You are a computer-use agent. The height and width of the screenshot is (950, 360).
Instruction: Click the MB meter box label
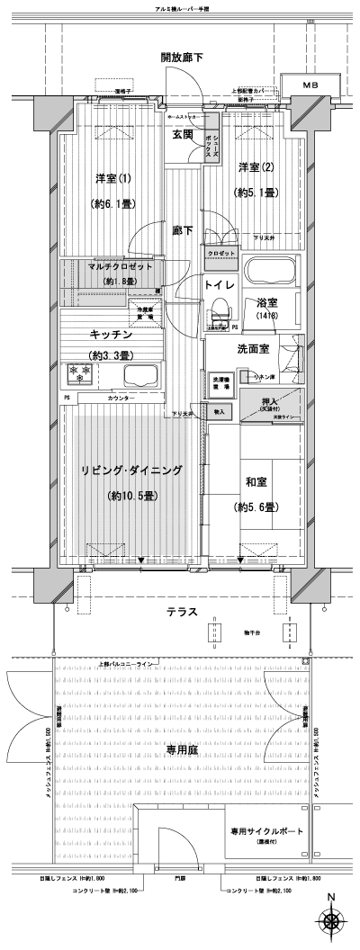click(x=310, y=85)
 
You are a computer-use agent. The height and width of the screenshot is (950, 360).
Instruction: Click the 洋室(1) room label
click(x=112, y=177)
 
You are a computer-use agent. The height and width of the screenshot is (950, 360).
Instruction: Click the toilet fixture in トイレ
click(x=218, y=315)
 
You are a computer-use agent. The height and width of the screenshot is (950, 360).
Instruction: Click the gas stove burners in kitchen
click(x=79, y=372)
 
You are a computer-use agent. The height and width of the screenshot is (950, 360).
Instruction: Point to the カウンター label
click(x=121, y=398)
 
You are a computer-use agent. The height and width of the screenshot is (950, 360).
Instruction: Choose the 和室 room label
click(x=258, y=482)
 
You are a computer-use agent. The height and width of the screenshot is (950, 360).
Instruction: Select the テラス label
click(x=183, y=613)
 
